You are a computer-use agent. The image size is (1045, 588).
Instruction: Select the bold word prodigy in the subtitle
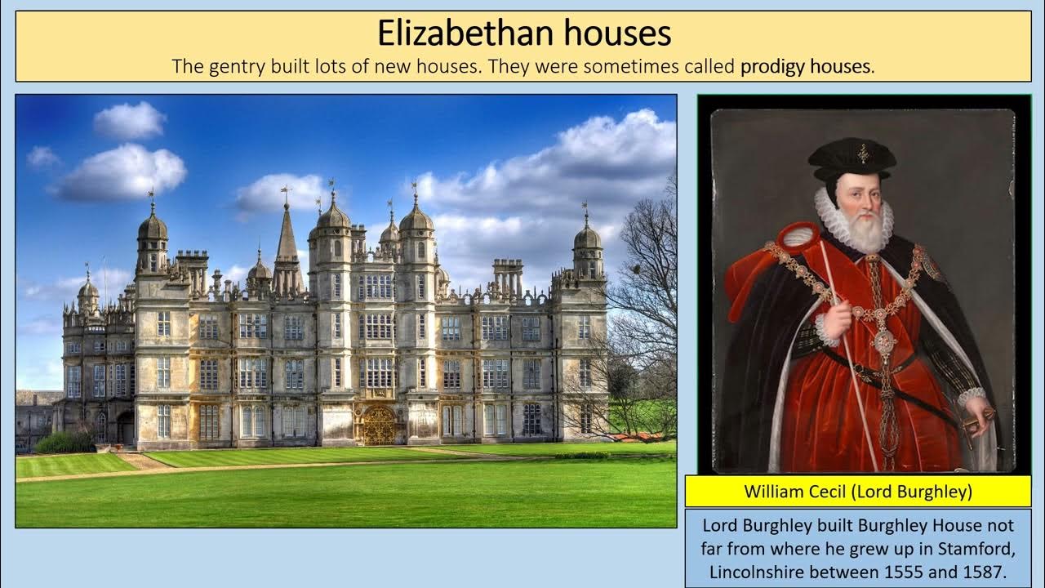[772, 66]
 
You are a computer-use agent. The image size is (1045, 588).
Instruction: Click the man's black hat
[852, 158]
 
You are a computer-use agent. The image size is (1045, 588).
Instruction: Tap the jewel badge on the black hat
[862, 152]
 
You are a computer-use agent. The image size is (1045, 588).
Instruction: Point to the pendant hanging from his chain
[885, 343]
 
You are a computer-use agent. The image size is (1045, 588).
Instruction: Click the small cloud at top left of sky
[129, 120]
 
